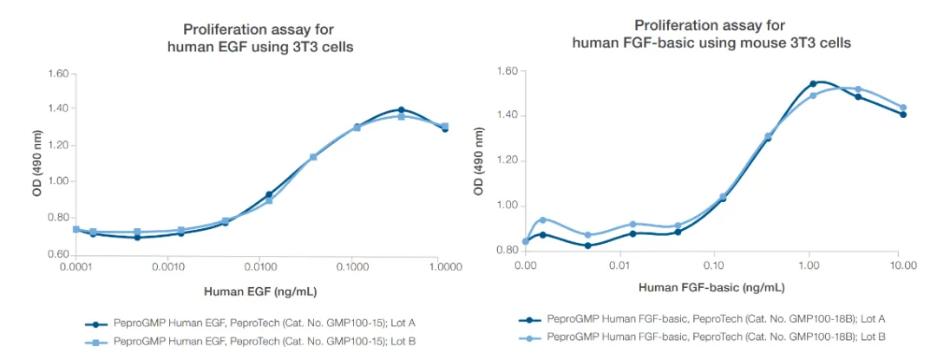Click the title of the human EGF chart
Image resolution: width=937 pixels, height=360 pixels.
(x=260, y=38)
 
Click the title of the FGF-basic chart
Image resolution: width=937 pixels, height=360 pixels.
(x=711, y=34)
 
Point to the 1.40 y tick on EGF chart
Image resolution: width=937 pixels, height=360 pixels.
(x=57, y=108)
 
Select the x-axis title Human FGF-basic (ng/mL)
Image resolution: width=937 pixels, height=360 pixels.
(x=711, y=287)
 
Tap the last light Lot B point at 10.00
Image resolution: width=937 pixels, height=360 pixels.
(x=903, y=108)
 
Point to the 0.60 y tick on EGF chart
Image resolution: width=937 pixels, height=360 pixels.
(x=57, y=254)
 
